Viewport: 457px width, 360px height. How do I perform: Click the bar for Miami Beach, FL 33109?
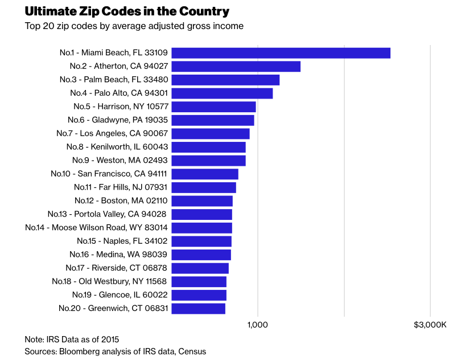281,53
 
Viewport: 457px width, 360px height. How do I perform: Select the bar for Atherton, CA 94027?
236,67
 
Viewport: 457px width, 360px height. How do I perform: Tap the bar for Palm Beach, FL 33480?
225,80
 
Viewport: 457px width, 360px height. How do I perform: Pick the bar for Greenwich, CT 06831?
198,309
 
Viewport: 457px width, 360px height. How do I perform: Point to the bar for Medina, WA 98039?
201,255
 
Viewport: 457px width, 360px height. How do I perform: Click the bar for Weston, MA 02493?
208,161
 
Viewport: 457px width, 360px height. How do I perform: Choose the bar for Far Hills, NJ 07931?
204,187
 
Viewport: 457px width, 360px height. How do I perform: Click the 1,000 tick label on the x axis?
258,325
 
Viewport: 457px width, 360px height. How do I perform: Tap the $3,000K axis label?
430,325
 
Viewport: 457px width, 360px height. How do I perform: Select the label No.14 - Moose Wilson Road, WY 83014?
96,228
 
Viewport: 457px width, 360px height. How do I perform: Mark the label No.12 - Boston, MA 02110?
121,201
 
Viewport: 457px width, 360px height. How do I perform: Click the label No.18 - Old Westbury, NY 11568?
109,281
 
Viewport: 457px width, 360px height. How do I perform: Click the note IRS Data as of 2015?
72,339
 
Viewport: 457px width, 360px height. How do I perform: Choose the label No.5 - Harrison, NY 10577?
121,107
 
